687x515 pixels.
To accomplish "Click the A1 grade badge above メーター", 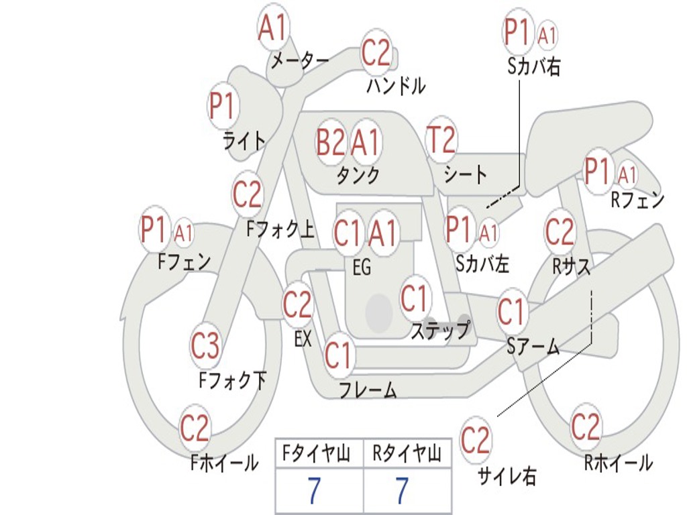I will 273,29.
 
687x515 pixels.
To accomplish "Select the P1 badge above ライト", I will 223,106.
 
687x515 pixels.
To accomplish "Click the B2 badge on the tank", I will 331,142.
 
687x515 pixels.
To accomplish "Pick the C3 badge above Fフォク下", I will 205,346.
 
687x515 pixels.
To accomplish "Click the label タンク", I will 358,176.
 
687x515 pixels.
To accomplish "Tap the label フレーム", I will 368,390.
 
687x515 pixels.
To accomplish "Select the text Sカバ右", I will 534,67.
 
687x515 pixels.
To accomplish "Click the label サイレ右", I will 507,476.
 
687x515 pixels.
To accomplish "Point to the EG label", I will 361,268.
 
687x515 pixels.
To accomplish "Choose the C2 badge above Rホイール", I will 586,426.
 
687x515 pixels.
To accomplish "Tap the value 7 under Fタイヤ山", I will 314,492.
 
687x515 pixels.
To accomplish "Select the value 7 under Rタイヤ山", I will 401,492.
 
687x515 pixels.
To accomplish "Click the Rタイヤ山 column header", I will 407,455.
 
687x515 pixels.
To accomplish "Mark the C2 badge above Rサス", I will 560,232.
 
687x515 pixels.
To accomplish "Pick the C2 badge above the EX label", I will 297,306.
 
